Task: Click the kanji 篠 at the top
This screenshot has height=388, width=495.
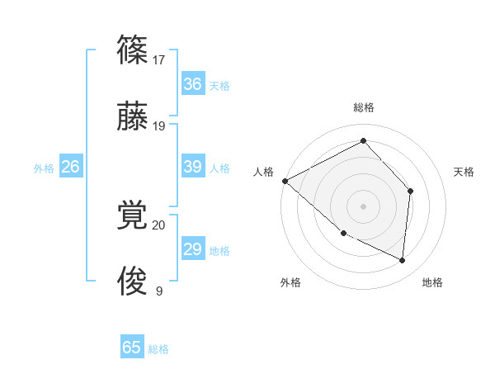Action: click(x=132, y=51)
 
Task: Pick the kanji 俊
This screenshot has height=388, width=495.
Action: click(x=132, y=281)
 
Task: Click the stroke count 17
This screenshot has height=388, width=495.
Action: click(x=160, y=60)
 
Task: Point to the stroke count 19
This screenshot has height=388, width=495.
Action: click(x=160, y=126)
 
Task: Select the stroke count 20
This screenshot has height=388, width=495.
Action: click(x=159, y=225)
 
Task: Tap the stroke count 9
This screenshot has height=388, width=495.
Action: click(x=159, y=291)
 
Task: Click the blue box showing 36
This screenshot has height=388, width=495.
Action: click(x=192, y=84)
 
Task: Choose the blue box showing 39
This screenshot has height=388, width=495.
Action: click(x=192, y=167)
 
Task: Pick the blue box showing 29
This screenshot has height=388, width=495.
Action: click(x=192, y=249)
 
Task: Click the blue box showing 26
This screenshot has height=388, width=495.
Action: click(x=70, y=167)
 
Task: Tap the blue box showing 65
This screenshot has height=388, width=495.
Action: click(x=132, y=348)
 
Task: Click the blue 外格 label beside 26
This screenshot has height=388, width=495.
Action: click(x=44, y=168)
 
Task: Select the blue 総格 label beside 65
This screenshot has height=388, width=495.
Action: click(x=158, y=349)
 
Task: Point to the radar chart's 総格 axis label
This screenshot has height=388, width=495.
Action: click(x=363, y=107)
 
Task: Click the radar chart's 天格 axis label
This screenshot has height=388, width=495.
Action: click(x=464, y=172)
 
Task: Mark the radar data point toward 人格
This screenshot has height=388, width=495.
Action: click(x=285, y=181)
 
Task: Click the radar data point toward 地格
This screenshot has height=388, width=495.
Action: click(x=403, y=261)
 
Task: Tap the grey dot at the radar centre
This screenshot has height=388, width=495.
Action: click(x=363, y=206)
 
